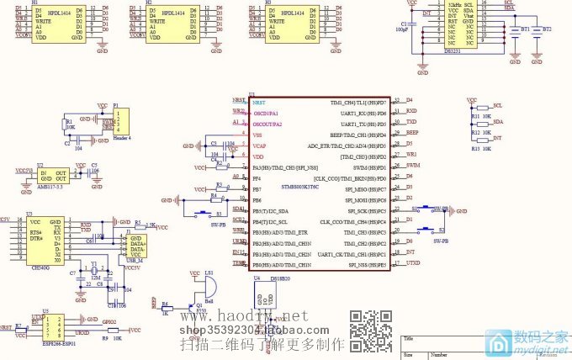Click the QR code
coord(371,331)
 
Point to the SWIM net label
coord(413,166)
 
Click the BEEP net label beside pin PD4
coord(412,133)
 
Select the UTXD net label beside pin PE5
coord(414,263)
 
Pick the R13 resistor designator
coord(475,148)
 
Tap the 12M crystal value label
coord(96,277)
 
